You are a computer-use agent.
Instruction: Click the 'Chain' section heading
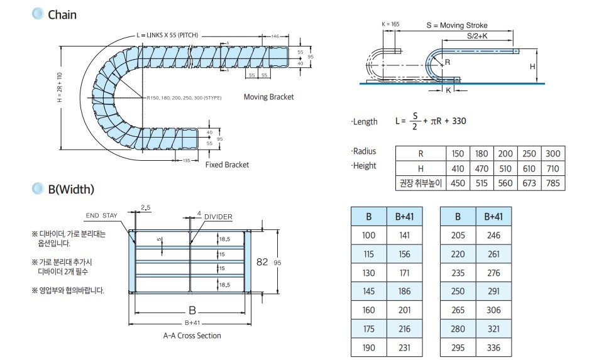click(x=62, y=15)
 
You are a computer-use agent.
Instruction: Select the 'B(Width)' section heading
click(x=71, y=189)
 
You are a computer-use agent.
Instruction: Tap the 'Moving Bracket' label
click(x=269, y=97)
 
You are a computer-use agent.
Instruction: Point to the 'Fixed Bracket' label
click(x=227, y=165)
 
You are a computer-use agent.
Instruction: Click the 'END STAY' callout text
click(x=102, y=215)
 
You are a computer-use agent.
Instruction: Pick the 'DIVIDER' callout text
click(x=218, y=217)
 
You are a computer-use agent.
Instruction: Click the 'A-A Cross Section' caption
click(x=192, y=335)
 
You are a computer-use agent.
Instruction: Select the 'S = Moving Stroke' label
click(x=457, y=25)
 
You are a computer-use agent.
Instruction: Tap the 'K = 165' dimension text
click(x=390, y=25)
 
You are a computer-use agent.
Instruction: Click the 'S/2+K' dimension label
click(x=477, y=36)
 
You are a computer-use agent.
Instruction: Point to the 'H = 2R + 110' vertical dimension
click(x=60, y=87)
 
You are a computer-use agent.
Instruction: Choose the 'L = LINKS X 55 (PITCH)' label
click(x=167, y=35)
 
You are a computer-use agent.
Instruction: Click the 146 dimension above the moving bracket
click(x=275, y=36)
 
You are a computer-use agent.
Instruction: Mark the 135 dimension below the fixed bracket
click(x=187, y=161)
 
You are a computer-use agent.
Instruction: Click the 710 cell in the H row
click(x=553, y=169)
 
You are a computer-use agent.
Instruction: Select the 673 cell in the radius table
click(x=529, y=183)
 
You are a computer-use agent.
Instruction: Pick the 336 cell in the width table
click(x=493, y=348)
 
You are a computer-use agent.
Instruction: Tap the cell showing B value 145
click(x=368, y=292)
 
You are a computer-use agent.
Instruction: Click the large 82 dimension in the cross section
click(x=262, y=262)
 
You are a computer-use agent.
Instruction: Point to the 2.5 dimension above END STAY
click(x=146, y=208)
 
